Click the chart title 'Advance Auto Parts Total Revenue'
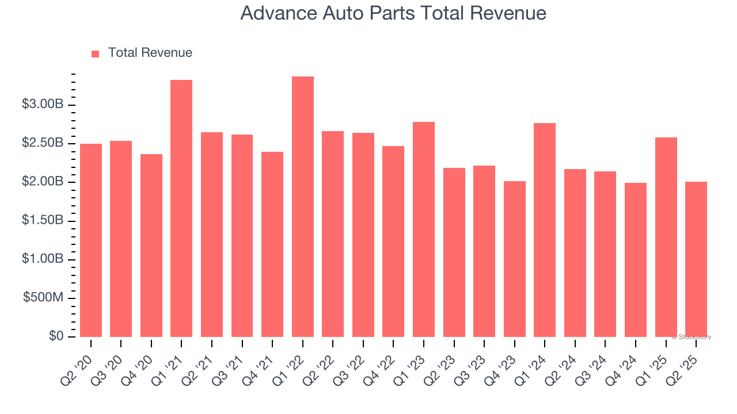pos(393,13)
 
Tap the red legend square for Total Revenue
pos(96,53)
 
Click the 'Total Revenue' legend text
pos(150,53)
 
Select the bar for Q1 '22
pos(303,207)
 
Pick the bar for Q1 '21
pos(181,209)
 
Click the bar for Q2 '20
pos(91,240)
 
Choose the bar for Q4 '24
pos(636,260)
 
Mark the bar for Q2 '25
pos(696,259)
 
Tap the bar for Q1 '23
pos(424,229)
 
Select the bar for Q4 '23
pos(515,259)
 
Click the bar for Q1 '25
pos(666,237)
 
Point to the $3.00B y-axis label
pos(43,105)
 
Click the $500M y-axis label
pos(43,298)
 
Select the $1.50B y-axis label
pos(43,221)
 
